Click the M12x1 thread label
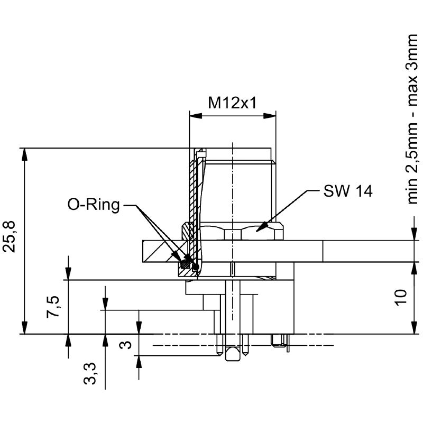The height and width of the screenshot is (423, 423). [x=232, y=102]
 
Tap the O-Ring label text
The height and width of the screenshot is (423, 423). [x=94, y=205]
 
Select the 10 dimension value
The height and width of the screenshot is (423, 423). [x=400, y=297]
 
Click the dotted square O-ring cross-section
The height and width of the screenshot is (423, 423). [x=186, y=262]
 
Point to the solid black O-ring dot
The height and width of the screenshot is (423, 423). [x=196, y=267]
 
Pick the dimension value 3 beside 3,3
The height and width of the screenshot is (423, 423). [x=125, y=345]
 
